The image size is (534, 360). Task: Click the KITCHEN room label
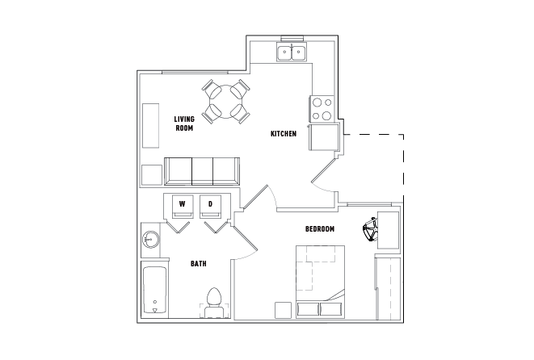pyautogui.click(x=284, y=134)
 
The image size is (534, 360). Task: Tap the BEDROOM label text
pyautogui.click(x=320, y=229)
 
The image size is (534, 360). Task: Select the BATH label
pyautogui.click(x=198, y=264)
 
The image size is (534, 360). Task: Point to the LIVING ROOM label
pyautogui.click(x=184, y=123)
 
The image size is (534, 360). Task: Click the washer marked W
pyautogui.click(x=183, y=206)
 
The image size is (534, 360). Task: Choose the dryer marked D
pyautogui.click(x=211, y=206)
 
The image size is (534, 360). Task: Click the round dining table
pyautogui.click(x=225, y=102)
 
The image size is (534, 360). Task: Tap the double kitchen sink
pyautogui.click(x=292, y=52)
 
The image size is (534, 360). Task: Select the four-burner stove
pyautogui.click(x=322, y=109)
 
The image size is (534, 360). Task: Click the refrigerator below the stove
pyautogui.click(x=324, y=137)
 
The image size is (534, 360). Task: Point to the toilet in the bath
pyautogui.click(x=214, y=303)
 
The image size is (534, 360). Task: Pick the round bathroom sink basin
pyautogui.click(x=151, y=239)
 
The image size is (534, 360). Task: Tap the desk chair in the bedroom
pyautogui.click(x=371, y=230)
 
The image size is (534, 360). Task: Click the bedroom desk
pyautogui.click(x=388, y=230)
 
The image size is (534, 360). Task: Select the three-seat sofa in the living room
pyautogui.click(x=202, y=171)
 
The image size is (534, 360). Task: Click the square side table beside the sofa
pyautogui.click(x=152, y=175)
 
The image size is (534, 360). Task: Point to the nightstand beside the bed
pyautogui.click(x=284, y=310)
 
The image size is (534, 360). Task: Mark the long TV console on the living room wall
pyautogui.click(x=150, y=126)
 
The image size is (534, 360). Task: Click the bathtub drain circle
pyautogui.click(x=155, y=302)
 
